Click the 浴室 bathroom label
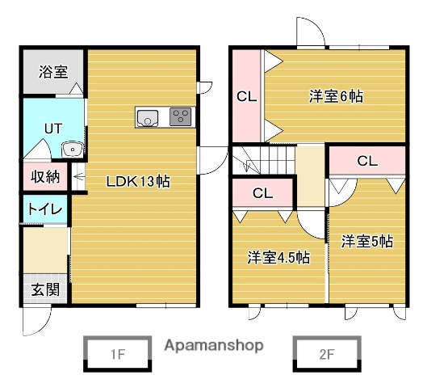(x=52, y=72)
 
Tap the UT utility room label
(x=52, y=129)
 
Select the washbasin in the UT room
(x=71, y=149)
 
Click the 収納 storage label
(x=44, y=177)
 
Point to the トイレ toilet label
(x=44, y=209)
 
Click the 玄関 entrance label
(x=44, y=289)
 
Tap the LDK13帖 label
(x=137, y=181)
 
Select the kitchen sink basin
(x=149, y=118)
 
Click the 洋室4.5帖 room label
(x=278, y=258)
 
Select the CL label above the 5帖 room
(x=367, y=161)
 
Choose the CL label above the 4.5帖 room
(x=262, y=193)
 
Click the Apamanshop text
(x=213, y=345)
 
